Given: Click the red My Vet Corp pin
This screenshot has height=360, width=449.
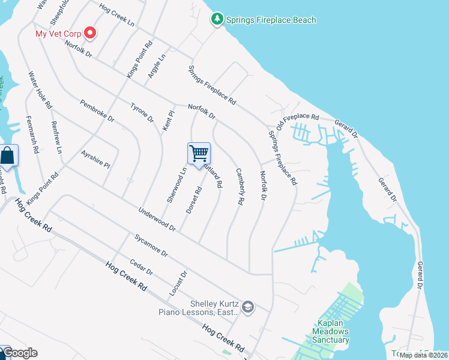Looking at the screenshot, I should tap(90, 33).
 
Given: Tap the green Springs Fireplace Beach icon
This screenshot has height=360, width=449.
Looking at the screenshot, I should tap(217, 20).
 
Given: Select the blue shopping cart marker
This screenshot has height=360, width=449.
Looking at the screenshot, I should tap(199, 154).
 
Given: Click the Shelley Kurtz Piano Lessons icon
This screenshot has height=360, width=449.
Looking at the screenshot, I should tap(249, 308).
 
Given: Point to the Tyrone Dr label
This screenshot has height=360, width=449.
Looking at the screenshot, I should tap(142, 112).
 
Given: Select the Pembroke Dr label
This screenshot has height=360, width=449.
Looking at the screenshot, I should tap(97, 110).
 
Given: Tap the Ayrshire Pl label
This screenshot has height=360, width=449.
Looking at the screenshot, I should tap(96, 159).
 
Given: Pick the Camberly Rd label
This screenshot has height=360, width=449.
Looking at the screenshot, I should tap(239, 187).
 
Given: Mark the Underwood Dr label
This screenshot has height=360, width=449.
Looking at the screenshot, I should tap(157, 220).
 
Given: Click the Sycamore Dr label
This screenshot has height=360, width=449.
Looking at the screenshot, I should tap(151, 244).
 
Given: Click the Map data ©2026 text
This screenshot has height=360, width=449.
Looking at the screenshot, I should tap(423, 355).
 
